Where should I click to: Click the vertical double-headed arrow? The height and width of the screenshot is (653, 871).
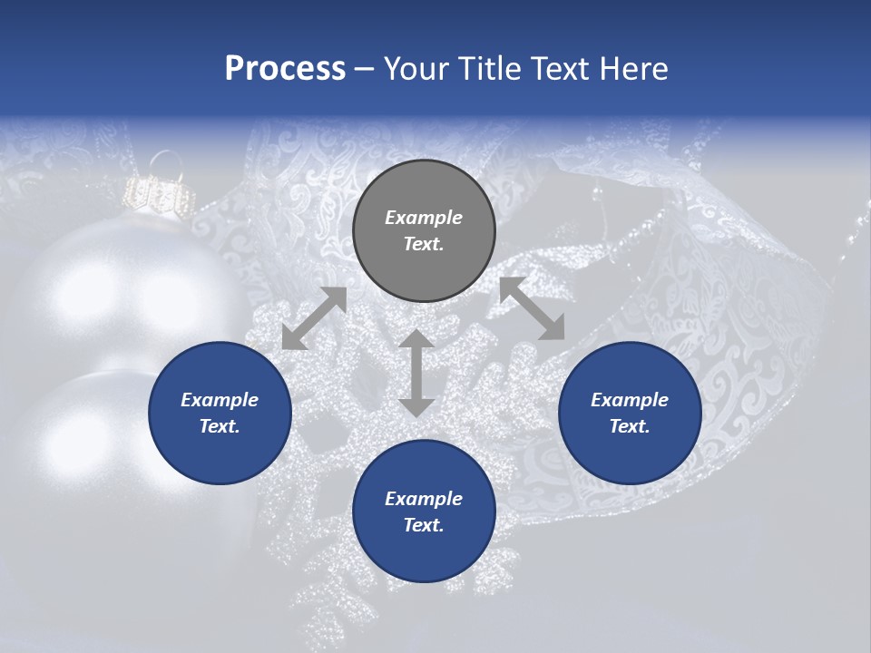(x=416, y=373)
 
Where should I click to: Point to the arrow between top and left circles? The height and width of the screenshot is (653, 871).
(x=314, y=318)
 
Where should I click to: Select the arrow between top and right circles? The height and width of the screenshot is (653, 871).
(x=533, y=308)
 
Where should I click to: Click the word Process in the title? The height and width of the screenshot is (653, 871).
(x=285, y=69)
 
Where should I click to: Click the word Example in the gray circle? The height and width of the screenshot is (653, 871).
(x=424, y=218)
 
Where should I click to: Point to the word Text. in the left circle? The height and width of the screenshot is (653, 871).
(x=220, y=426)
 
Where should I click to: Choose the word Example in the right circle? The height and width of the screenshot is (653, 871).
(x=630, y=400)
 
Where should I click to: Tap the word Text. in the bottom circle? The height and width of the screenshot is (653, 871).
(x=424, y=525)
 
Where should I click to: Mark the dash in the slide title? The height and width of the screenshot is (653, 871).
(x=365, y=69)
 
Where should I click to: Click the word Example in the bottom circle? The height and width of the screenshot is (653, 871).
(x=424, y=499)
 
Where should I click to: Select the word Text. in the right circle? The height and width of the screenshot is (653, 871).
(x=630, y=426)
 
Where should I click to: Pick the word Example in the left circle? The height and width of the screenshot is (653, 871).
(x=220, y=400)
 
